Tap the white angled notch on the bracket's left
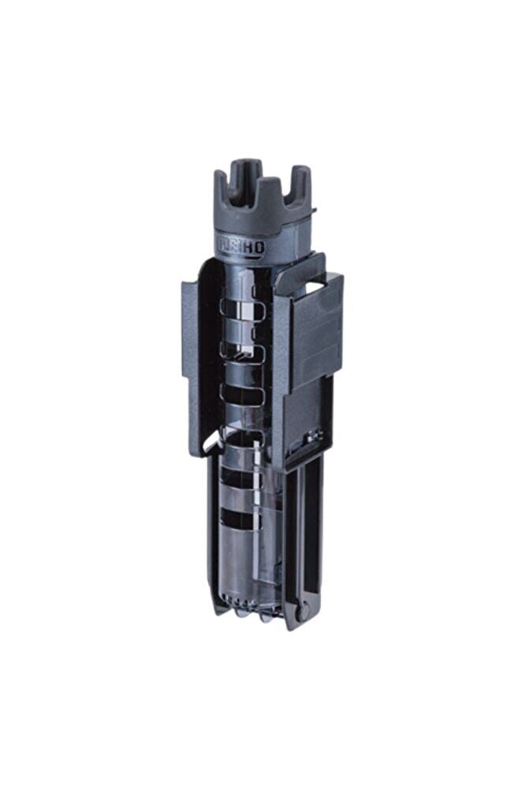tap(210, 443)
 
